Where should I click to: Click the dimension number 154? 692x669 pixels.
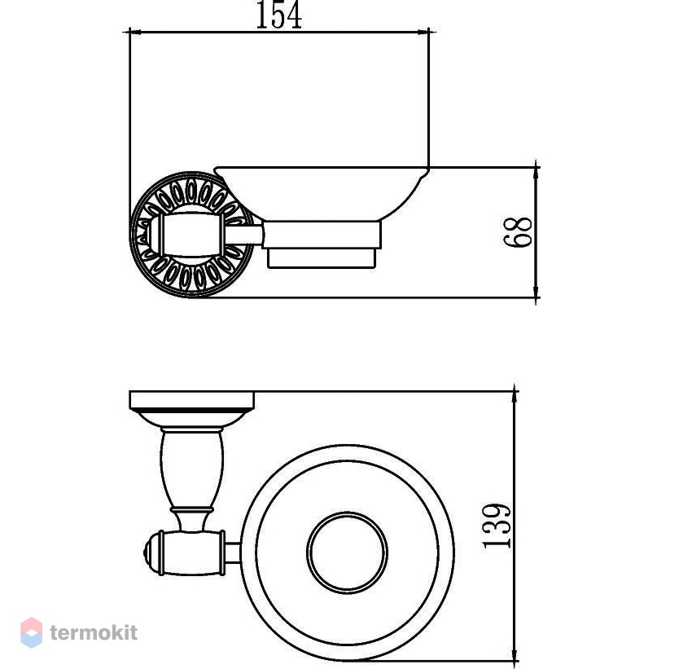[279, 15]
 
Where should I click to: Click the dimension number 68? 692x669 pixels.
[518, 232]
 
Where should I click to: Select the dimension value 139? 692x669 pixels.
[497, 526]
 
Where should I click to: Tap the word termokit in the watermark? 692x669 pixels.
[94, 632]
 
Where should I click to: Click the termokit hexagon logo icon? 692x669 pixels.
[32, 632]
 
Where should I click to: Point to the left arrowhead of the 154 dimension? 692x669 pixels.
[134, 32]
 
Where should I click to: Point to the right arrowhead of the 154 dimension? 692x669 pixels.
[423, 32]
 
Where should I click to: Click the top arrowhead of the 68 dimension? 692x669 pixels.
[537, 173]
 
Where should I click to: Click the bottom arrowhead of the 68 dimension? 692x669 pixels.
[537, 292]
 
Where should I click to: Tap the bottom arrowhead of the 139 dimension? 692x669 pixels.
[515, 655]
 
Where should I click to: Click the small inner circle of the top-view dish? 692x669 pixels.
[348, 552]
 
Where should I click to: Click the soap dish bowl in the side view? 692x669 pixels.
[322, 194]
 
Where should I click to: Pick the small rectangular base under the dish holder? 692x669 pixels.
[322, 258]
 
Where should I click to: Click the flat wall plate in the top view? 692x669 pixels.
[191, 400]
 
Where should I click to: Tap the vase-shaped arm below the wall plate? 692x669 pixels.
[192, 469]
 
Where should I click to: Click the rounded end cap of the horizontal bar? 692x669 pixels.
[151, 553]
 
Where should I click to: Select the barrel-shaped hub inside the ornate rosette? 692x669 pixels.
[191, 235]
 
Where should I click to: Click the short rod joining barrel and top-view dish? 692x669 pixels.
[233, 553]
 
